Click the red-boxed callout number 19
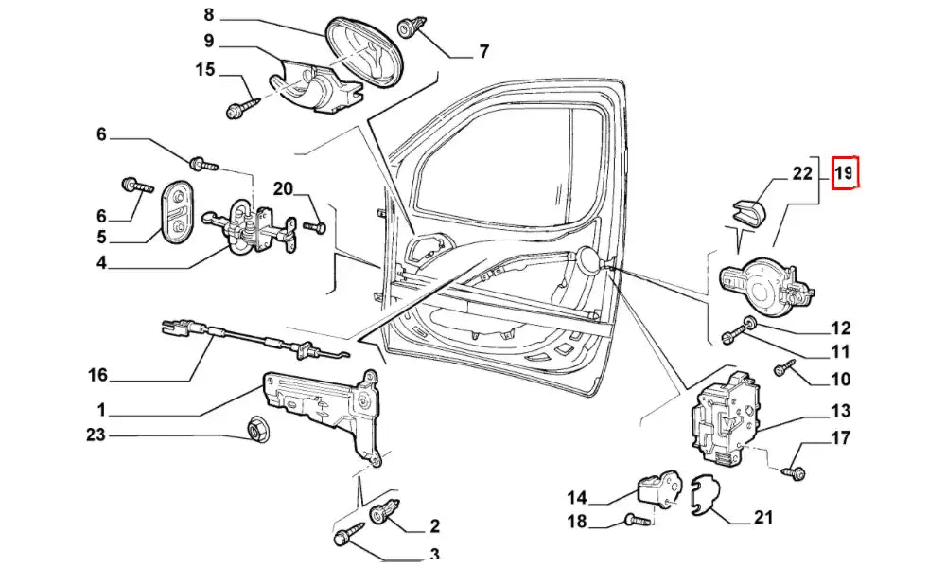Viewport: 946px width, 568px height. (x=844, y=173)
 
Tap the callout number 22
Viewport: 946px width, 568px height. (x=802, y=173)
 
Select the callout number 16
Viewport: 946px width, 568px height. (x=98, y=375)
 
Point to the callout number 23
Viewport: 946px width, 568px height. (x=97, y=435)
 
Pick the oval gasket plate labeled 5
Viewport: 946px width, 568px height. (x=176, y=213)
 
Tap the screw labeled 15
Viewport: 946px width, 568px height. (x=241, y=104)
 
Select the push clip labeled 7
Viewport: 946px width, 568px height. (x=412, y=26)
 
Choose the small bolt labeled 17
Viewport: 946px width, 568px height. (x=795, y=470)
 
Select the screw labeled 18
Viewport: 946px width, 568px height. (x=636, y=519)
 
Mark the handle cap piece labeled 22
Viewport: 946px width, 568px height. (x=749, y=215)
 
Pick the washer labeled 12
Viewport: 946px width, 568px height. (x=749, y=323)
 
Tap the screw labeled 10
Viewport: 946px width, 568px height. (x=785, y=369)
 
